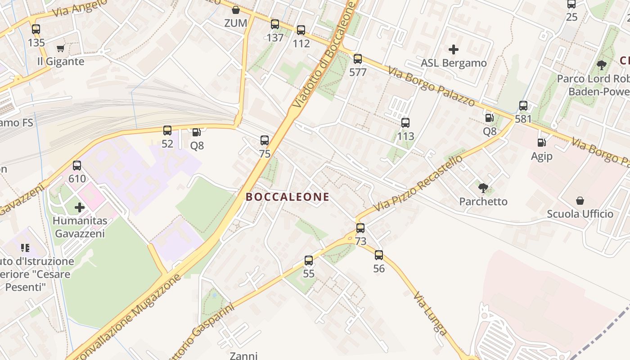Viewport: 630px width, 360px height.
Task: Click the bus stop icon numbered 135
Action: [36, 29]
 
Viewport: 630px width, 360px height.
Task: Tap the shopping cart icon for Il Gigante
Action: [61, 49]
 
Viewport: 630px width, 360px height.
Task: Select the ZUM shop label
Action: [236, 22]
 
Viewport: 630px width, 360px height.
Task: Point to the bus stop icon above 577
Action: [358, 59]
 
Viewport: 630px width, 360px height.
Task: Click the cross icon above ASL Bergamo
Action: [454, 49]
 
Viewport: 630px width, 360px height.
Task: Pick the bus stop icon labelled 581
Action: [523, 106]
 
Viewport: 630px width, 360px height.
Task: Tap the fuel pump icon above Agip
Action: [541, 143]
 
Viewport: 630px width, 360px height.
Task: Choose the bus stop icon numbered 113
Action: [405, 123]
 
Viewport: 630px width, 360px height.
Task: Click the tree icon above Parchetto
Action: [483, 188]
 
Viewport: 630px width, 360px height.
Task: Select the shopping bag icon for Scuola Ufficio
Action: [580, 201]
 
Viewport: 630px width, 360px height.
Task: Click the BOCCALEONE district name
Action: [288, 197]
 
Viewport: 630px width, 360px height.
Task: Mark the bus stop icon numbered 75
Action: [265, 140]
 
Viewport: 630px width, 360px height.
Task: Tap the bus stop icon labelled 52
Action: [167, 130]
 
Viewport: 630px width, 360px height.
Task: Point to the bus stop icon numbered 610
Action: [77, 166]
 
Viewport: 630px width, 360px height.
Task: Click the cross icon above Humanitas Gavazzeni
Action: [80, 207]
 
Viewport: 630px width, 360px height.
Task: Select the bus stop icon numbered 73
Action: [360, 228]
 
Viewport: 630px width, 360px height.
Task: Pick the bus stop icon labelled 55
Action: [309, 261]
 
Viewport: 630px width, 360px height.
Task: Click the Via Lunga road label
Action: [430, 313]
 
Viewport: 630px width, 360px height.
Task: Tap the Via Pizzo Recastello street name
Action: [418, 184]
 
